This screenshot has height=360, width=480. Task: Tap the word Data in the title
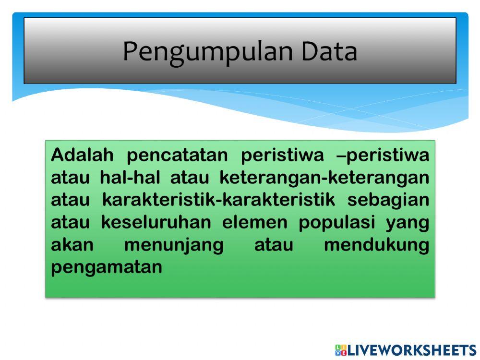(329, 51)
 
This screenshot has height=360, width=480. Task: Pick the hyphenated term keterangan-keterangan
(324, 178)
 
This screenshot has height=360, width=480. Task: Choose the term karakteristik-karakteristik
(219, 200)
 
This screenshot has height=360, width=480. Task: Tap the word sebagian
(388, 200)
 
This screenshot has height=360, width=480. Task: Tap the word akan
(72, 245)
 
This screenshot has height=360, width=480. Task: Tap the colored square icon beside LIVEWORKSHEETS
(340, 350)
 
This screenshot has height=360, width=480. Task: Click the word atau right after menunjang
(274, 245)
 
